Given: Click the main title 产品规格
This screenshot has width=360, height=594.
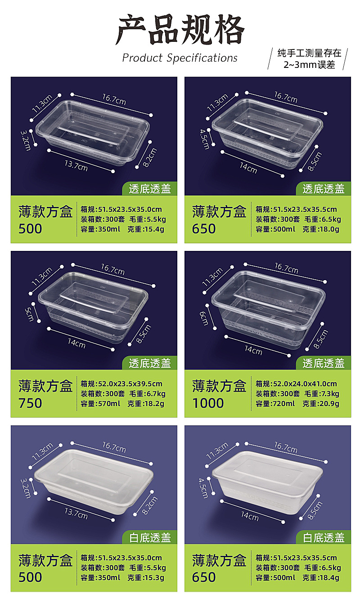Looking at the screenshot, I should [x=180, y=31].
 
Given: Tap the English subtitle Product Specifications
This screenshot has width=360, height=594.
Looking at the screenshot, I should [x=180, y=58].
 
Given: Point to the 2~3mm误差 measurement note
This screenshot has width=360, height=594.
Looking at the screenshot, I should [x=310, y=64].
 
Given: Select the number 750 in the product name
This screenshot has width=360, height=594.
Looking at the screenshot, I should [x=30, y=403].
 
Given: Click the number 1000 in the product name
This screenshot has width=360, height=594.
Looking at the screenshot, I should [x=208, y=403].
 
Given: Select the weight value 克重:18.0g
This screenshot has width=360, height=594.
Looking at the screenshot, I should [x=320, y=229].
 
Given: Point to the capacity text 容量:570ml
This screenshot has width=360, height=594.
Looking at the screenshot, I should [x=100, y=404].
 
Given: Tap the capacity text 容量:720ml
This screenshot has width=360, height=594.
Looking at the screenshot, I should [x=275, y=404].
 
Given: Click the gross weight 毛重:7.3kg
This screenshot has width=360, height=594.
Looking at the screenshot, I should [x=321, y=394].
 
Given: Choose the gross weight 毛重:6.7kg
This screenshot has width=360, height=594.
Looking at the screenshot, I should [x=147, y=394].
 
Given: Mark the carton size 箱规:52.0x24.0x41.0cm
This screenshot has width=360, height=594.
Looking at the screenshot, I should [x=296, y=384].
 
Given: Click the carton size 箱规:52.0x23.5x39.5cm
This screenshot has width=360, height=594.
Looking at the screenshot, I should [x=121, y=384].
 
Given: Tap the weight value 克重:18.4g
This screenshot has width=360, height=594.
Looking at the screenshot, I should [x=320, y=578].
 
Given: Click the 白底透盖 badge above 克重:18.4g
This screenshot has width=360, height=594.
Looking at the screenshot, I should [x=324, y=537].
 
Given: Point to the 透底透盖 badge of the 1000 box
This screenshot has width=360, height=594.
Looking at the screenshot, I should [x=324, y=363].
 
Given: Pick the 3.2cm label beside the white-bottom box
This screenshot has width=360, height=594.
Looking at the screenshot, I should [x=25, y=488].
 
